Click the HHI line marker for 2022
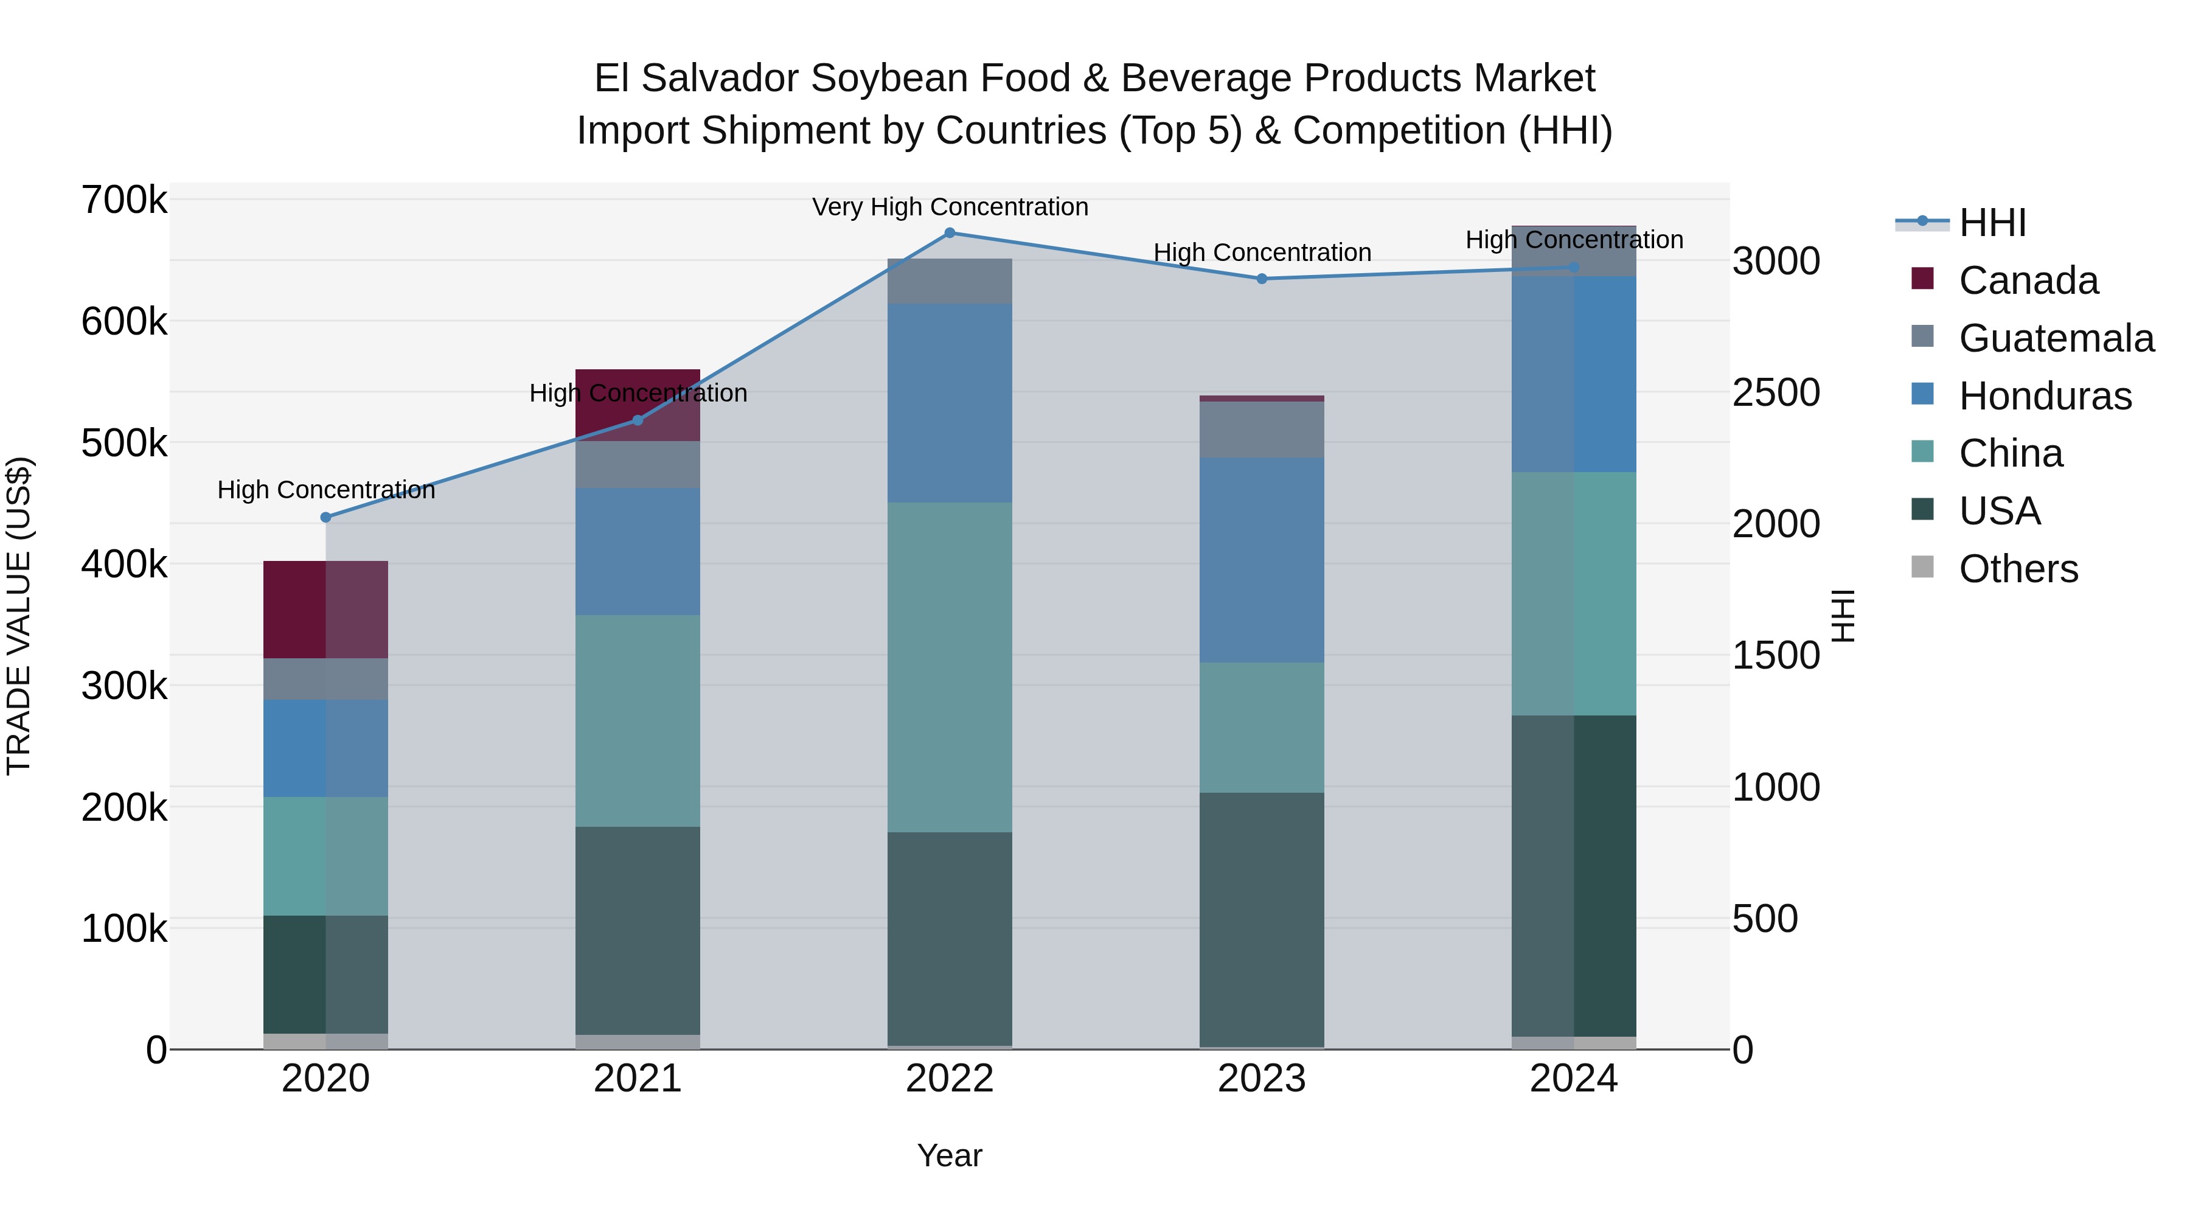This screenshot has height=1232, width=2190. [x=950, y=232]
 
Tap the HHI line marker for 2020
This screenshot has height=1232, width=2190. [x=325, y=517]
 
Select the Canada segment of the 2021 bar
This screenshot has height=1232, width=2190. [x=638, y=405]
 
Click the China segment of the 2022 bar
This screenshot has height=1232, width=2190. [x=950, y=667]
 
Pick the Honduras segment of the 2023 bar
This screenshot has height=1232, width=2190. [x=1262, y=560]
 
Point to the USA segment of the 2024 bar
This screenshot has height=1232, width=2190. [x=1574, y=875]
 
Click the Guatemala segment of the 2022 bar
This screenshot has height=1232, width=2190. [x=950, y=282]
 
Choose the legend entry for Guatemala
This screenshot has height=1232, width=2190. [x=2056, y=338]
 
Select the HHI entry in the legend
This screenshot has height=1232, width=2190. [x=1992, y=223]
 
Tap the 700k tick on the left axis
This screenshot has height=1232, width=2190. [x=124, y=201]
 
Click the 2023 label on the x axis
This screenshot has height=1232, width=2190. [x=1262, y=1079]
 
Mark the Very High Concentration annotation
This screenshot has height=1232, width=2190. [x=950, y=207]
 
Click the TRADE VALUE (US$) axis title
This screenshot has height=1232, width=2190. [x=19, y=616]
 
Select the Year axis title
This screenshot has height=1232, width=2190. [x=950, y=1155]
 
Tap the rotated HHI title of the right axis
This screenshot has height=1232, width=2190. [x=1842, y=616]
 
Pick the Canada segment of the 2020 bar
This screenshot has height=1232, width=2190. [x=325, y=610]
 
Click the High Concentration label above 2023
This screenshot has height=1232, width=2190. [x=1262, y=252]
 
